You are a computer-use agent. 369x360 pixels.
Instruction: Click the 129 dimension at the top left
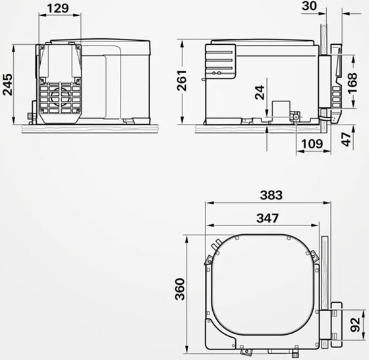[x=59, y=8]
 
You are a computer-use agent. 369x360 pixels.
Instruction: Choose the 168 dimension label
[x=360, y=83]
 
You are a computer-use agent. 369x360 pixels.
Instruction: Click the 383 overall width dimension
[x=271, y=195]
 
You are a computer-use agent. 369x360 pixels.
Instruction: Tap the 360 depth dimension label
[x=180, y=289]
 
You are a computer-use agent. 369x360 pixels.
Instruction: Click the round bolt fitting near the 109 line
[x=296, y=117]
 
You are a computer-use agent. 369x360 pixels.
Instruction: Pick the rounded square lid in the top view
[x=258, y=284]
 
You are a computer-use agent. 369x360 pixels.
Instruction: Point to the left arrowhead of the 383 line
[x=208, y=203]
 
